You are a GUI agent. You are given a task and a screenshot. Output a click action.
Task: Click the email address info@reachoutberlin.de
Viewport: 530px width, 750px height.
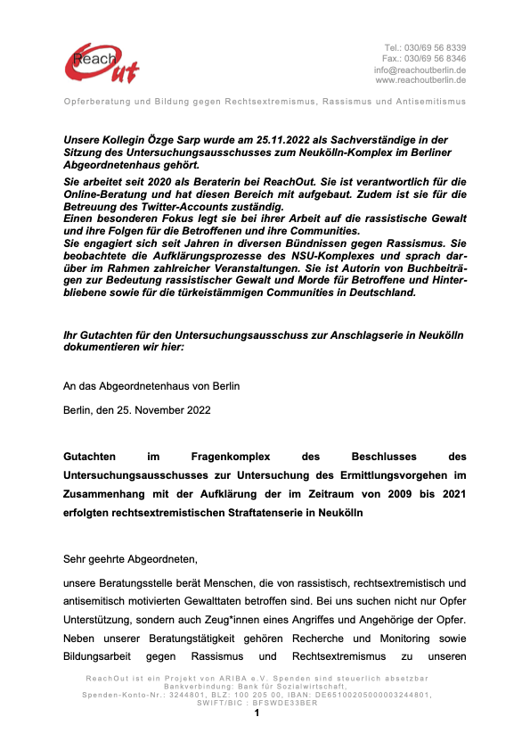coord(420,69)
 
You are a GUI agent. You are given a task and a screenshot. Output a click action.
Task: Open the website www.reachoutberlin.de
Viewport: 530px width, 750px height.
coord(421,79)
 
